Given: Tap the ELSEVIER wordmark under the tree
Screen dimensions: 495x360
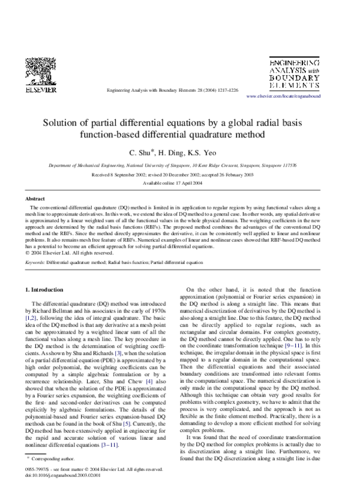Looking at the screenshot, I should pyautogui.click(x=40, y=90).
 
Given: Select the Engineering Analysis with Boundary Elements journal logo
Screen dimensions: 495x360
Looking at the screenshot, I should pyautogui.click(x=294, y=74).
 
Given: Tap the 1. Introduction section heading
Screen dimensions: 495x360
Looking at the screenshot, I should pyautogui.click(x=48, y=290).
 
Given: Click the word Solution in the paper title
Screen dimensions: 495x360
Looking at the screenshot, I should pyautogui.click(x=62, y=121).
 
